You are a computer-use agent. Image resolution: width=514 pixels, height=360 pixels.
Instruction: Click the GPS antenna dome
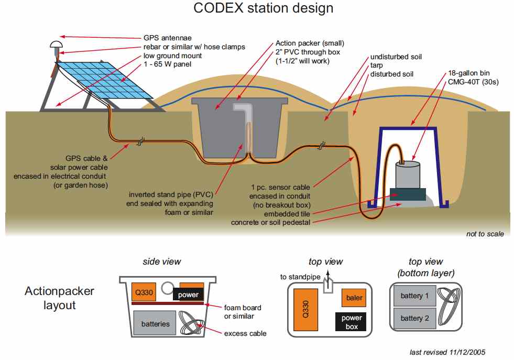55,45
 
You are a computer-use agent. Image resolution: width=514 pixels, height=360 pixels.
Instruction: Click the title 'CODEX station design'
263,8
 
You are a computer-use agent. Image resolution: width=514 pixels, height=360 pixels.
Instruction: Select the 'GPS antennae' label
167,38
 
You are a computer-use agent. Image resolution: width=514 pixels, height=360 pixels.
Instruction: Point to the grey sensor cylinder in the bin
407,175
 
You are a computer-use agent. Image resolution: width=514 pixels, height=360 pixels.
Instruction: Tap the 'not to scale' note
485,234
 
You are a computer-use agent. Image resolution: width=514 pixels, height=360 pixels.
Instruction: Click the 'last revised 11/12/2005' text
451,352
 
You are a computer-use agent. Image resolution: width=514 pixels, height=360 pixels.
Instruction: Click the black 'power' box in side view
188,294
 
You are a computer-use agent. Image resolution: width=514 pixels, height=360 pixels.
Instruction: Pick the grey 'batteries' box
156,323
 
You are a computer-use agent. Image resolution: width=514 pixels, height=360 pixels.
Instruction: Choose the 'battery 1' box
414,296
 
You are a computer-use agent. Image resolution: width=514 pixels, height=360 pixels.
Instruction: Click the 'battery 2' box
414,318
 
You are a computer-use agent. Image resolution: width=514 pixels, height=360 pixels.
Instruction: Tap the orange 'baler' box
354,298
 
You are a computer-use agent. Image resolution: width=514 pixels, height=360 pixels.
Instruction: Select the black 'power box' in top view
352,322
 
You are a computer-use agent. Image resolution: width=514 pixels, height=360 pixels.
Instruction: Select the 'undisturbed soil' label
396,57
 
